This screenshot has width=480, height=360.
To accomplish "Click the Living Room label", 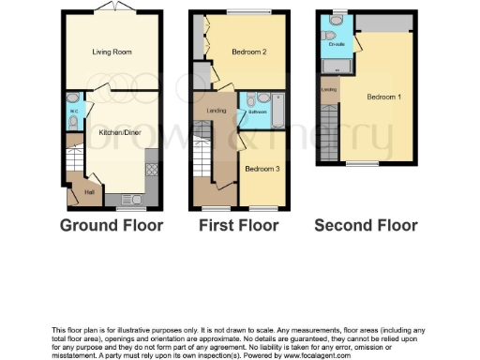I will (110, 52).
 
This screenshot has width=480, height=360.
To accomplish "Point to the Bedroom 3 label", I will (261, 169).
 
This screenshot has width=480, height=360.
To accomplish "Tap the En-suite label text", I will (336, 44).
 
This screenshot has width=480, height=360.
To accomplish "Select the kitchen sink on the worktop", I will (129, 198).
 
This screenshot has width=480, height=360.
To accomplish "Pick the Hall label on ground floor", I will (90, 192).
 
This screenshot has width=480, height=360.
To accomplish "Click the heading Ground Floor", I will (111, 226).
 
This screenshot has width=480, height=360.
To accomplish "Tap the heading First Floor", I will (238, 226).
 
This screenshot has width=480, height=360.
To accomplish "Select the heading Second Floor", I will (366, 226).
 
